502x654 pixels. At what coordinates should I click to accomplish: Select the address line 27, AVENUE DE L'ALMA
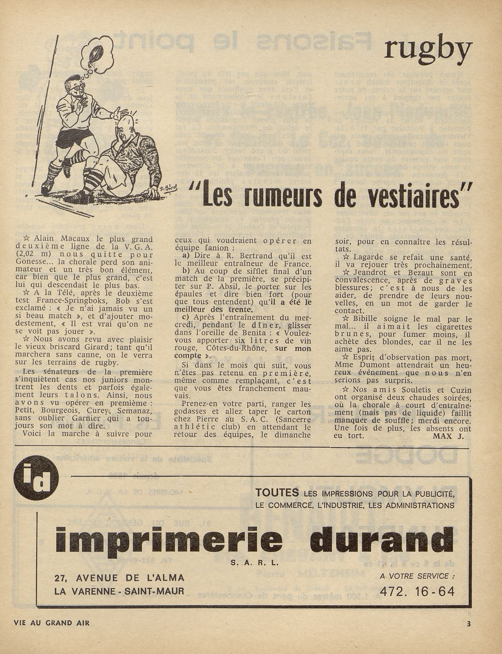(x=119, y=578)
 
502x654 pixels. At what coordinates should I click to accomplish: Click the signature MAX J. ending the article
(x=448, y=436)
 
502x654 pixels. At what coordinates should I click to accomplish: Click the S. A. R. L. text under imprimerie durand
(x=255, y=563)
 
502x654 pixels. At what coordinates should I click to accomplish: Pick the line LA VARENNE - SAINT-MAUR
(x=119, y=591)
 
